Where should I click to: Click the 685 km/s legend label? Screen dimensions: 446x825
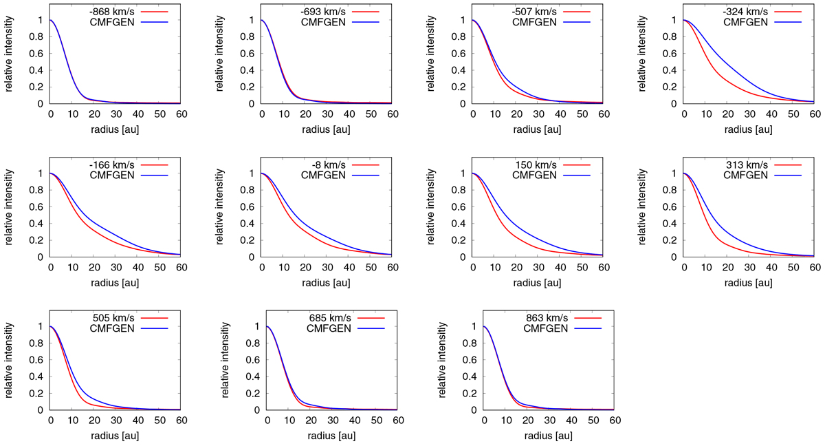[x=332, y=318]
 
